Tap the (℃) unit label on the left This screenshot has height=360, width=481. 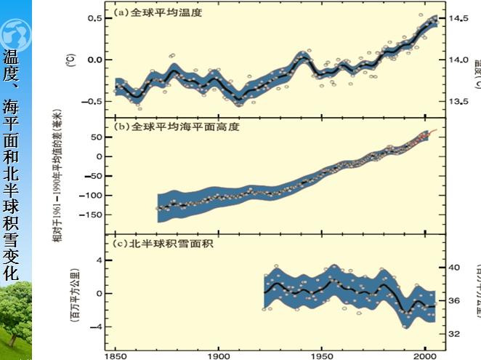(x=70, y=58)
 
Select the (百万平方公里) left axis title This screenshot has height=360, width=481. (x=73, y=294)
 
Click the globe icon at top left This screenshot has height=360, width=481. (x=15, y=33)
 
